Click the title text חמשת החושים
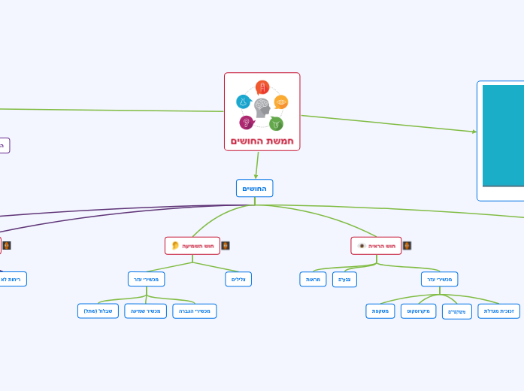[x=262, y=141]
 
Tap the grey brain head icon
[x=262, y=108]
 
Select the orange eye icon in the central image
[x=281, y=102]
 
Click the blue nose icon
[x=243, y=102]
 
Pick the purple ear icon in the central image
[x=247, y=122]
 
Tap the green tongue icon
[x=276, y=123]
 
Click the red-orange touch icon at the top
[x=262, y=87]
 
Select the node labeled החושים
[x=254, y=188]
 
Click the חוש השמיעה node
[x=192, y=246]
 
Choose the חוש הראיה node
[x=376, y=246]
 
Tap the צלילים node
[x=238, y=279]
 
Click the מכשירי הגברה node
[x=195, y=311]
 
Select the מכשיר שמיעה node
[x=145, y=311]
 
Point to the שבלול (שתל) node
[x=98, y=311]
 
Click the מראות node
[x=313, y=279]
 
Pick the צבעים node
[x=344, y=280]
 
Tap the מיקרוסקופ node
[x=418, y=311]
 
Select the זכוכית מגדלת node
[x=498, y=311]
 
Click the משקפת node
[x=380, y=311]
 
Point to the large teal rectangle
[x=503, y=135]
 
